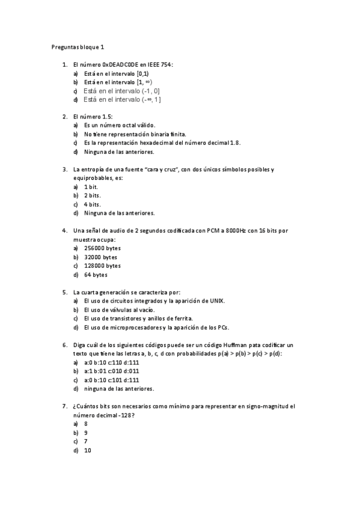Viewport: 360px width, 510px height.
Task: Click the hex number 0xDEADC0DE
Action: point(121,64)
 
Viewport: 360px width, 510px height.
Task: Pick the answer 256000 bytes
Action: point(102,248)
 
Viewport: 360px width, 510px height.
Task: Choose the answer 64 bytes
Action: point(96,275)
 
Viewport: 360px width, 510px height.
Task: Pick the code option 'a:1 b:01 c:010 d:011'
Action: point(111,372)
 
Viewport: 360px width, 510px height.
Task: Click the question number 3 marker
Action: point(65,170)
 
